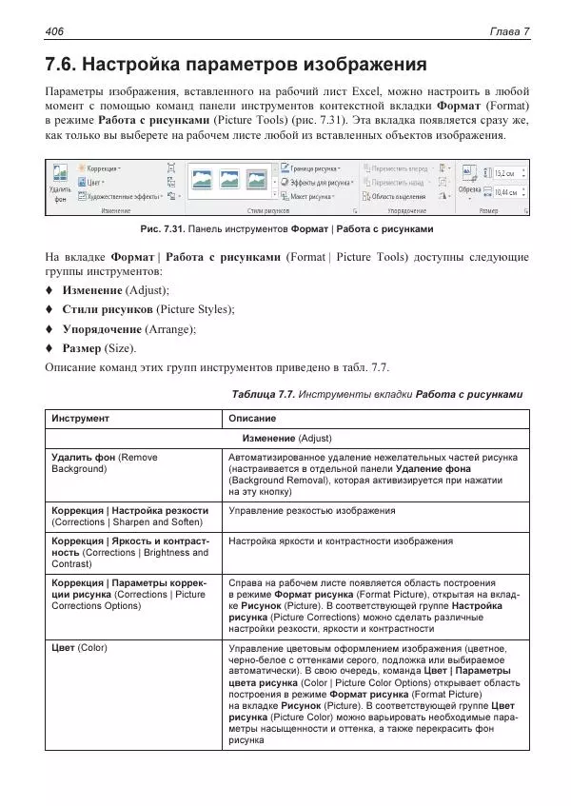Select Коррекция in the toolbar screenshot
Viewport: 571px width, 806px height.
(99, 167)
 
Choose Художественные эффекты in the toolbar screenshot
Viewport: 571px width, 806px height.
(122, 196)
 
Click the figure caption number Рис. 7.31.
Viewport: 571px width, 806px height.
(161, 229)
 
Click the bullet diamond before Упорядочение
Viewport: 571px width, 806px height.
(49, 329)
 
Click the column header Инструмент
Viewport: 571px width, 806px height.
(80, 419)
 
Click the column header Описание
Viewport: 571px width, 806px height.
(252, 419)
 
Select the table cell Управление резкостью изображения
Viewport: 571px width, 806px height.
(311, 511)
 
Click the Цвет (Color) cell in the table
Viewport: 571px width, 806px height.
(79, 648)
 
